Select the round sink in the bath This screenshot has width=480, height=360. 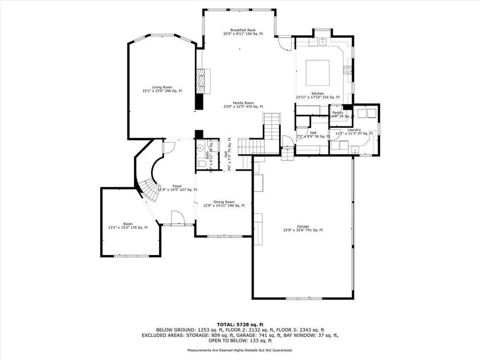(202, 148)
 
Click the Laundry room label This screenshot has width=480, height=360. (354, 130)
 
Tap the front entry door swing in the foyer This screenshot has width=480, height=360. (175, 217)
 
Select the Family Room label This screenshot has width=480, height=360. (242, 104)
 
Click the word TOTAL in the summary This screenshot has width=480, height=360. (226, 324)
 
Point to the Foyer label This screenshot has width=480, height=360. (177, 186)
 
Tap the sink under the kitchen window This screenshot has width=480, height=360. (322, 41)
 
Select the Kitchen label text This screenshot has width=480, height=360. (317, 94)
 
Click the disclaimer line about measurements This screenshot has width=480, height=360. (239, 350)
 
